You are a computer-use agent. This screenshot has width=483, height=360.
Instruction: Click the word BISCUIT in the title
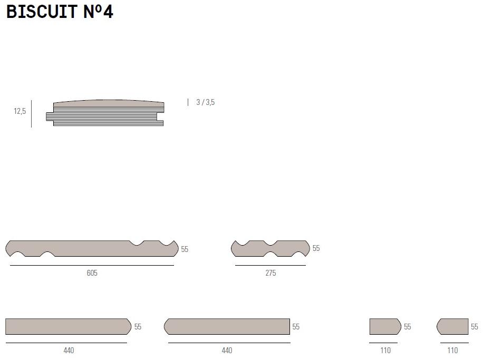(x=42, y=12)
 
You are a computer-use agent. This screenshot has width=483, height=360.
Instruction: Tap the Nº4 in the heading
(x=98, y=12)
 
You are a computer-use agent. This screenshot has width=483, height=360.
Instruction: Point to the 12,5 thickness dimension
(x=20, y=111)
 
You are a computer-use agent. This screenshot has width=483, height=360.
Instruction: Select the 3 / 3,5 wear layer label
(x=206, y=102)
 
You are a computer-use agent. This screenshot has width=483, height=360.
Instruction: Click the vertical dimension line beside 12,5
(x=31, y=114)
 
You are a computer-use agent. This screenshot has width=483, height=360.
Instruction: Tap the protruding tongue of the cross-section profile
(x=50, y=116)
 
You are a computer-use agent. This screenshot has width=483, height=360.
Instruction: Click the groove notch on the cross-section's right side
(x=160, y=116)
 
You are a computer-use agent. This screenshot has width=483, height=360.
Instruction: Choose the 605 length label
(x=92, y=273)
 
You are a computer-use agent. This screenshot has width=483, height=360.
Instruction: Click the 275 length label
(x=271, y=273)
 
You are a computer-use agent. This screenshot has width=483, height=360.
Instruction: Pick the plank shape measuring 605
(x=92, y=248)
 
